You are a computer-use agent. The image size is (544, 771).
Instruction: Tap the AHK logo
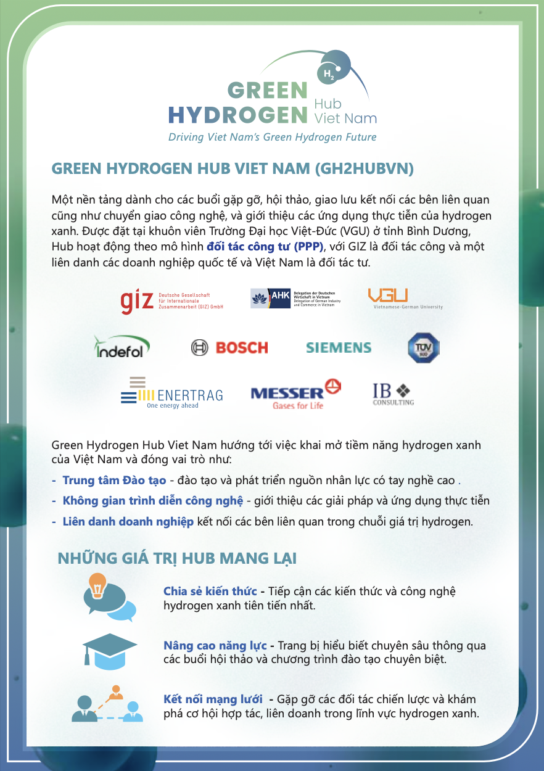(x=295, y=299)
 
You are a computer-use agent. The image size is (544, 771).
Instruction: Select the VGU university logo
(x=405, y=299)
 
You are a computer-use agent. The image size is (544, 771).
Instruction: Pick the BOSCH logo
(x=229, y=348)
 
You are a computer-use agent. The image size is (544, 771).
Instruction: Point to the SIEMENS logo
(x=339, y=348)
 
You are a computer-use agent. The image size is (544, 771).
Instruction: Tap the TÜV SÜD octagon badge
(x=423, y=347)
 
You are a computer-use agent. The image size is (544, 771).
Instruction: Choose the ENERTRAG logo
(x=171, y=392)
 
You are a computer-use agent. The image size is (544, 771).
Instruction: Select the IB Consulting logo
(x=393, y=394)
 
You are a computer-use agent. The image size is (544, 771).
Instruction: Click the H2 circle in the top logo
(x=329, y=74)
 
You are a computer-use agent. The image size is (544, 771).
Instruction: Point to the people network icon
(x=108, y=704)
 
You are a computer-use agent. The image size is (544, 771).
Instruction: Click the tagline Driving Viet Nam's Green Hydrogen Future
(x=272, y=137)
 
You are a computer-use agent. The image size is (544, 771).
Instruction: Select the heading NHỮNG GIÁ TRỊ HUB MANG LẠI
(x=177, y=559)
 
